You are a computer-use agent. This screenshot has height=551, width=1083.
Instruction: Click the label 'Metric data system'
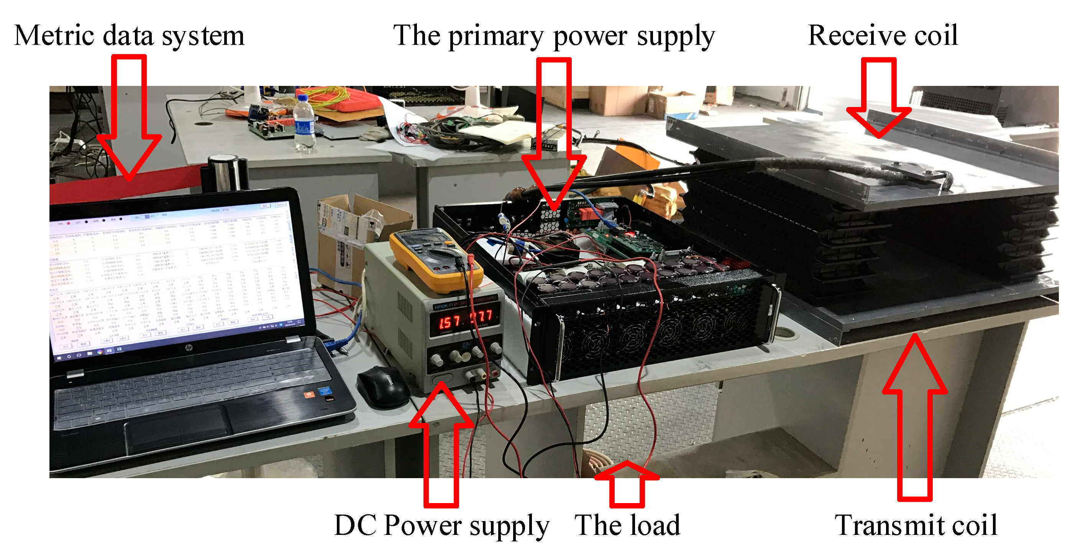coord(129,36)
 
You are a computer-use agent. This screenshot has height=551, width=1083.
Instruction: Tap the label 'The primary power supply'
coord(553,36)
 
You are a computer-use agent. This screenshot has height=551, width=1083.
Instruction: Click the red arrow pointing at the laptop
coord(129,118)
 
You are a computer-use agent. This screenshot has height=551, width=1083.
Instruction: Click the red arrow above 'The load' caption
coord(627,484)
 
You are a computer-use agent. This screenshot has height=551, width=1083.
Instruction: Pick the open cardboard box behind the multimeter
coord(353,235)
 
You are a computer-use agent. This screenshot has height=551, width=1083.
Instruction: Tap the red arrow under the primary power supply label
coord(554,135)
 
